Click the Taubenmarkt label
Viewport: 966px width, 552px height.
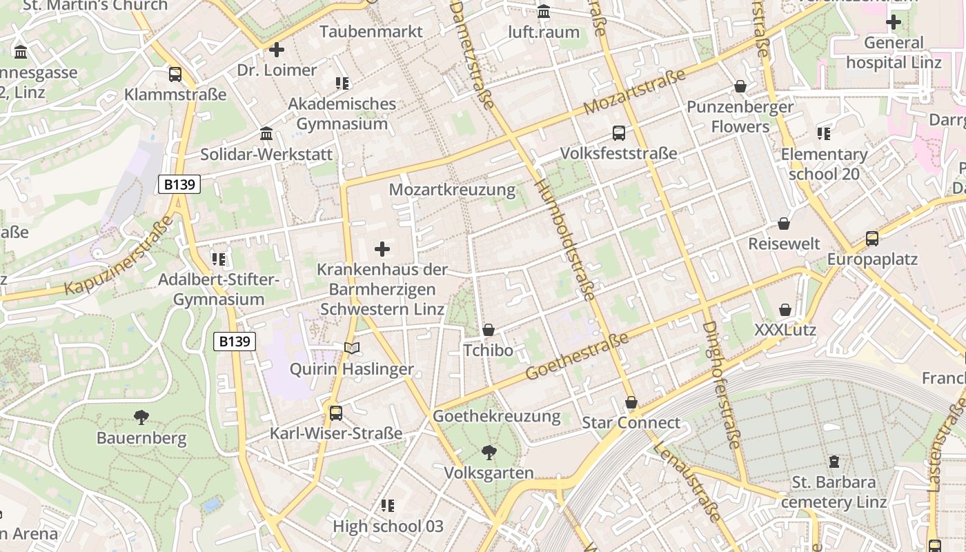(371, 32)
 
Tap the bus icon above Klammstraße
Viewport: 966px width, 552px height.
(175, 75)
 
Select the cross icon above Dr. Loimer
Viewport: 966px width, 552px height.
(277, 50)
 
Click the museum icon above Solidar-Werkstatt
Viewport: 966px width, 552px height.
(266, 133)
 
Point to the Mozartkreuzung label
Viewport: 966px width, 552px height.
(452, 190)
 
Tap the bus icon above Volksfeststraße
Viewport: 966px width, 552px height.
(619, 133)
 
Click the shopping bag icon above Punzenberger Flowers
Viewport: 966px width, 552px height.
(740, 86)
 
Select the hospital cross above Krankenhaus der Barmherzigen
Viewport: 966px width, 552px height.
(382, 249)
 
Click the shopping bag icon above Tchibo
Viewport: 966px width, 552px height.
(489, 330)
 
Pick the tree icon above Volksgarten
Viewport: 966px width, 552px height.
(489, 453)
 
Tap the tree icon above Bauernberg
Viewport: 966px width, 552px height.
(141, 417)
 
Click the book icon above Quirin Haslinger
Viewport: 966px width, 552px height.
(352, 348)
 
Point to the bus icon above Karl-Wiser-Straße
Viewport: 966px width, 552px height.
(336, 413)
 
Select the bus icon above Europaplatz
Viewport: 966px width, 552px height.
(872, 239)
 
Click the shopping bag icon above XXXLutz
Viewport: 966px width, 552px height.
(785, 310)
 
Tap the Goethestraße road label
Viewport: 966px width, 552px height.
(578, 355)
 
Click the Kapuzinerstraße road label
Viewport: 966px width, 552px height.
(119, 256)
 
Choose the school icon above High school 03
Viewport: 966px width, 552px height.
(388, 506)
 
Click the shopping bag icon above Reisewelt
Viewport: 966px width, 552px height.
(784, 224)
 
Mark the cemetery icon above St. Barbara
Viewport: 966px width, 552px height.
(834, 461)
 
